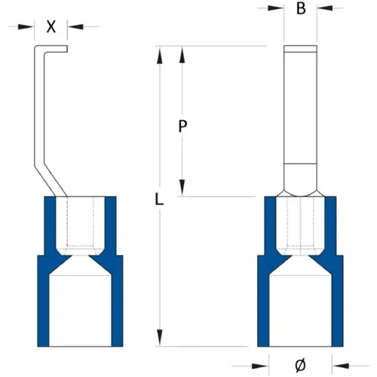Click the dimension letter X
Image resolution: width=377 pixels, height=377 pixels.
[x=51, y=26]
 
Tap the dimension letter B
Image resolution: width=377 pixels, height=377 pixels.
[x=301, y=10]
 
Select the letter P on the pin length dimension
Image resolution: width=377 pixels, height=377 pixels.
[x=182, y=127]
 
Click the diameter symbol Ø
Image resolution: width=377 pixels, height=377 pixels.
[x=301, y=365]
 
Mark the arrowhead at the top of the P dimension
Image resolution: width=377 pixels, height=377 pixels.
[x=182, y=51]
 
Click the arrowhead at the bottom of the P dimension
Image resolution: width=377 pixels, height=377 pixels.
[x=182, y=192]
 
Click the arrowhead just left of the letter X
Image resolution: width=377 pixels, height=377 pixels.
[x=31, y=26]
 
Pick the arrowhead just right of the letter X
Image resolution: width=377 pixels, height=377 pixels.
[x=72, y=26]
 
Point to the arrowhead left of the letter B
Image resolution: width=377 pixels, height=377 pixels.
[x=279, y=10]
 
